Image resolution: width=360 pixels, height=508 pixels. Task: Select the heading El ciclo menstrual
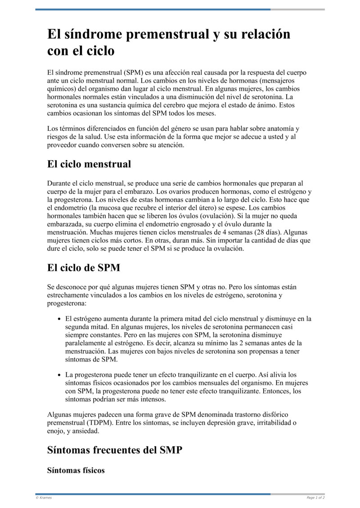[x=89, y=164]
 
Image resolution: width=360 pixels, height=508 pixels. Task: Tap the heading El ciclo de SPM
[x=84, y=268]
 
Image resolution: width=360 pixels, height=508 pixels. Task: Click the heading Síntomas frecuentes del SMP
[x=115, y=450]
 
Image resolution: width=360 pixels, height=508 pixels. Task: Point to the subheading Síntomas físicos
[x=76, y=470]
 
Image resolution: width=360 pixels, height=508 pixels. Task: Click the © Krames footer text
[x=44, y=498]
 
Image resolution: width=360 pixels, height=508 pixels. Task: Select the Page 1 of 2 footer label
[x=315, y=498]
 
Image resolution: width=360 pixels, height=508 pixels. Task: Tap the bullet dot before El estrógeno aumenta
[x=60, y=319]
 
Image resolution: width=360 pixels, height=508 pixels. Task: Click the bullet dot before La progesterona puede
[x=60, y=374]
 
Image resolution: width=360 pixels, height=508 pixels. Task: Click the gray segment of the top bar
[x=297, y=9]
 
